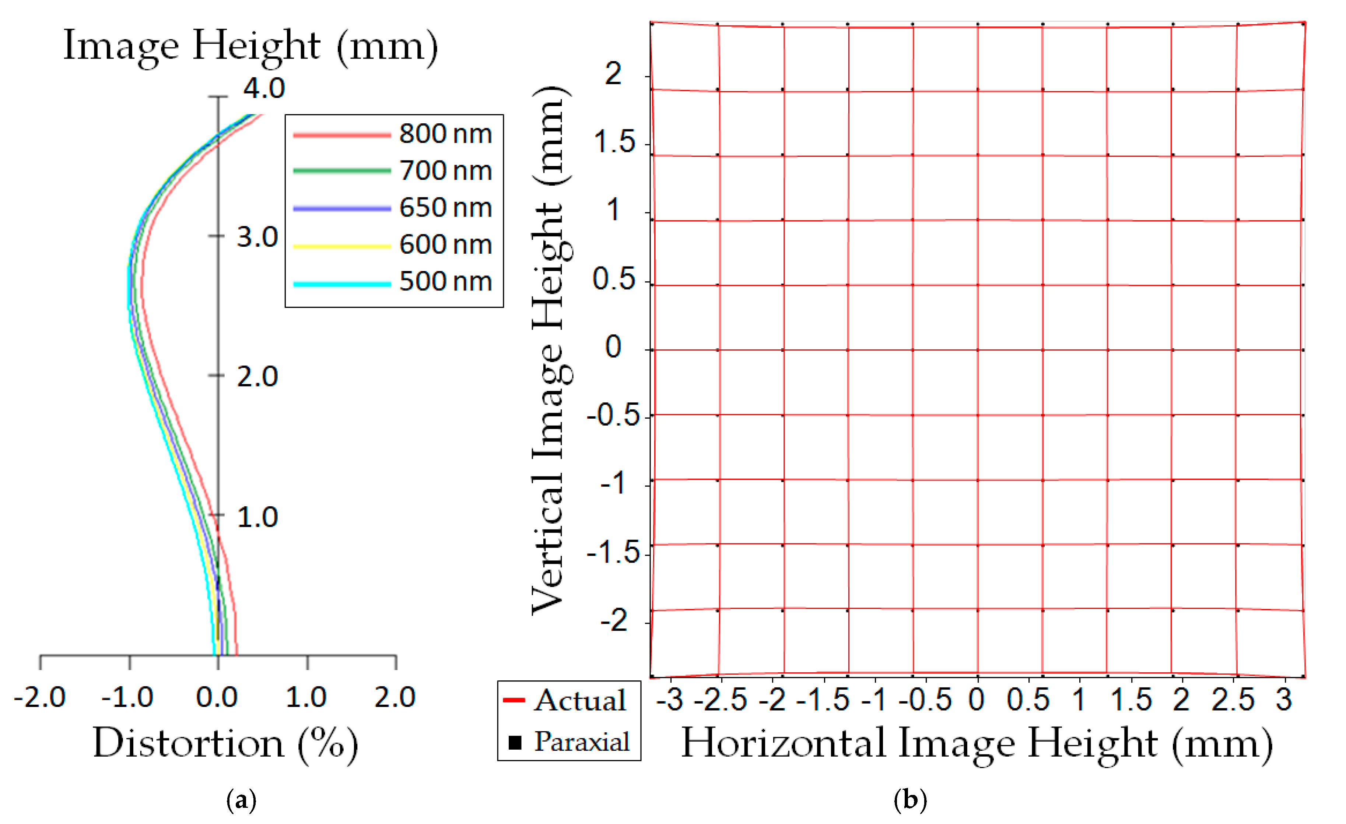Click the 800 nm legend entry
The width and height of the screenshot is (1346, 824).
445,134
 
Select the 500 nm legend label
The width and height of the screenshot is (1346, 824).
445,282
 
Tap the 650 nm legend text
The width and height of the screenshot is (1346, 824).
445,208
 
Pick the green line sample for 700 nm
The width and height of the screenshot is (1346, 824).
342,171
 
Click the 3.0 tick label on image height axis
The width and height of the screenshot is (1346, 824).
257,237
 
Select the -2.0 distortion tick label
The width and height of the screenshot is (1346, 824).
40,697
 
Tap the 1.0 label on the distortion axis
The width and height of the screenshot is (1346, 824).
306,697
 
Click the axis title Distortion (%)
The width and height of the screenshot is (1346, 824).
225,744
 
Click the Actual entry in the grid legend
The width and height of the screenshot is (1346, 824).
579,701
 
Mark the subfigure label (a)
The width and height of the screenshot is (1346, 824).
241,800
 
